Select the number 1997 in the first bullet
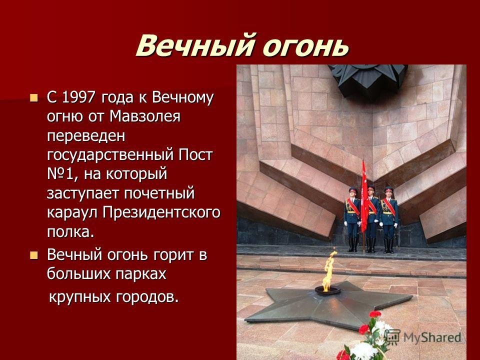[79, 97]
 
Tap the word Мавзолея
[145, 116]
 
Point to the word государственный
[110, 155]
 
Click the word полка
[70, 232]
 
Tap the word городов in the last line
[147, 297]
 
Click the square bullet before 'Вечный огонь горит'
[33, 255]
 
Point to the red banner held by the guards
[364, 198]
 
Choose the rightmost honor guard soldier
[389, 219]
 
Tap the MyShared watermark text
[432, 337]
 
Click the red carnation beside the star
[374, 314]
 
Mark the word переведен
[86, 136]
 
